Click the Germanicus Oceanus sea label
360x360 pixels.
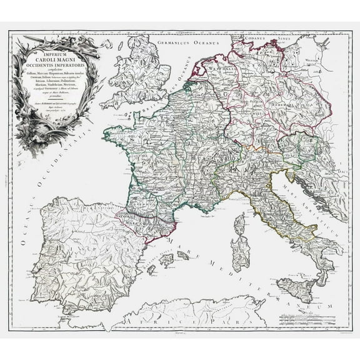[184, 43]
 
